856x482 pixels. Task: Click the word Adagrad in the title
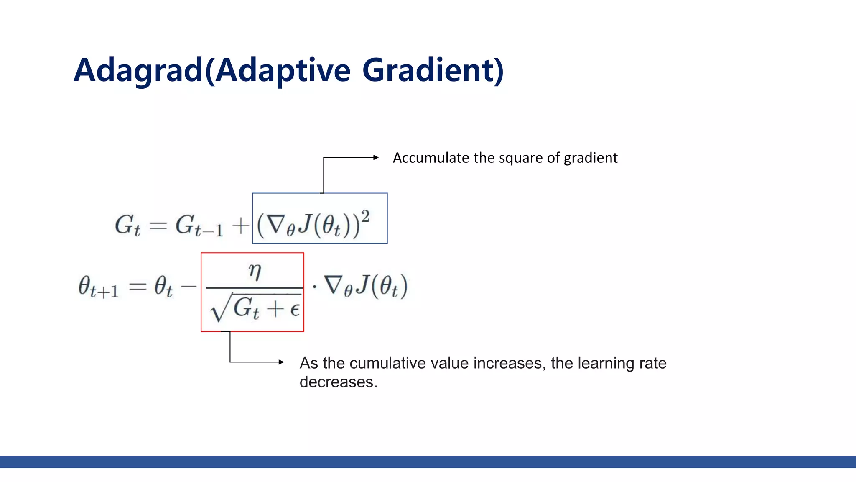tap(138, 70)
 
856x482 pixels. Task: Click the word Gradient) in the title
tap(433, 70)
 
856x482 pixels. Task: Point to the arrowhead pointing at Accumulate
tap(376, 158)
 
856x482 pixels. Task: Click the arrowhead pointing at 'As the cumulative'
tap(281, 362)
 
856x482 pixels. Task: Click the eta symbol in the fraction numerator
tap(255, 271)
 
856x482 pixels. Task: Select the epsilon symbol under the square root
tap(295, 310)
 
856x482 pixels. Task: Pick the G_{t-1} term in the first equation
tap(199, 226)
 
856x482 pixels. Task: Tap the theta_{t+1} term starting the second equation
tap(98, 287)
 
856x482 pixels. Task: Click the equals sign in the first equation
tap(158, 226)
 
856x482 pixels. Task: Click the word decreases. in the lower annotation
tap(338, 382)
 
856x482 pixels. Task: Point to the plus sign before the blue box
tap(240, 226)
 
